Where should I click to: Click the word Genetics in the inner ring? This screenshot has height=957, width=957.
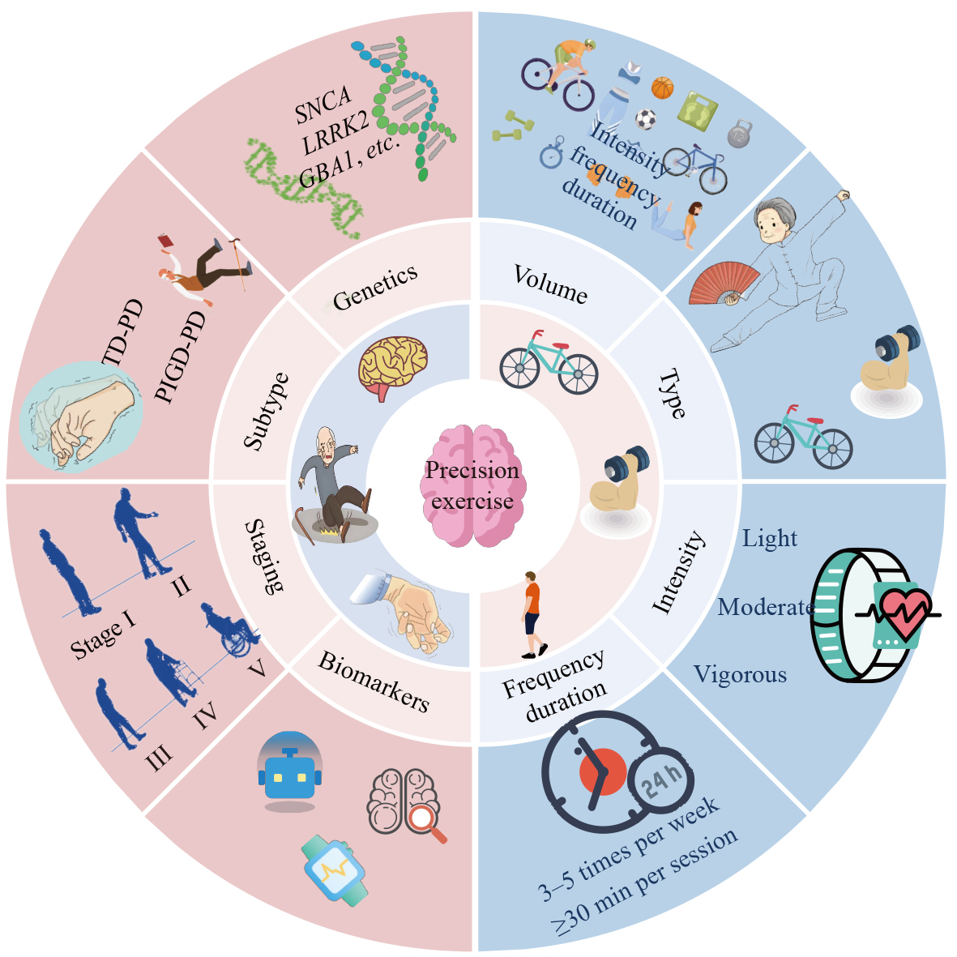375,287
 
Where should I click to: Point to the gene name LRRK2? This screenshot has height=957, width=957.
335,133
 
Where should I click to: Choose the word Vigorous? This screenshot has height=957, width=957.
740,675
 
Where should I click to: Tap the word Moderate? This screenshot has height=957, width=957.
765,607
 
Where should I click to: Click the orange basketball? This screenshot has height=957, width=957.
662,88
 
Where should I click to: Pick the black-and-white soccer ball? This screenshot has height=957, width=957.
645,120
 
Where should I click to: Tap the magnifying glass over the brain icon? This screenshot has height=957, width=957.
425,822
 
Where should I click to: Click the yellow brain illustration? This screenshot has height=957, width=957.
393,366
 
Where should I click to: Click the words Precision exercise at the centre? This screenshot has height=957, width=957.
472,485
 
